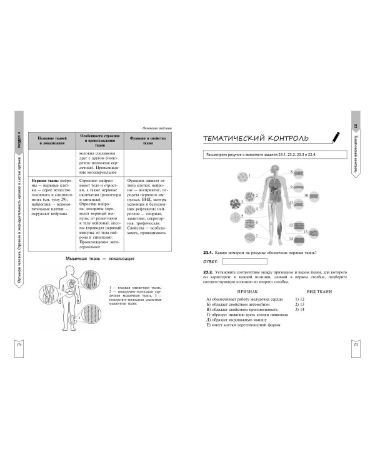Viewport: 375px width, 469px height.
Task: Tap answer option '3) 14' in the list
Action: coord(299,310)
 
